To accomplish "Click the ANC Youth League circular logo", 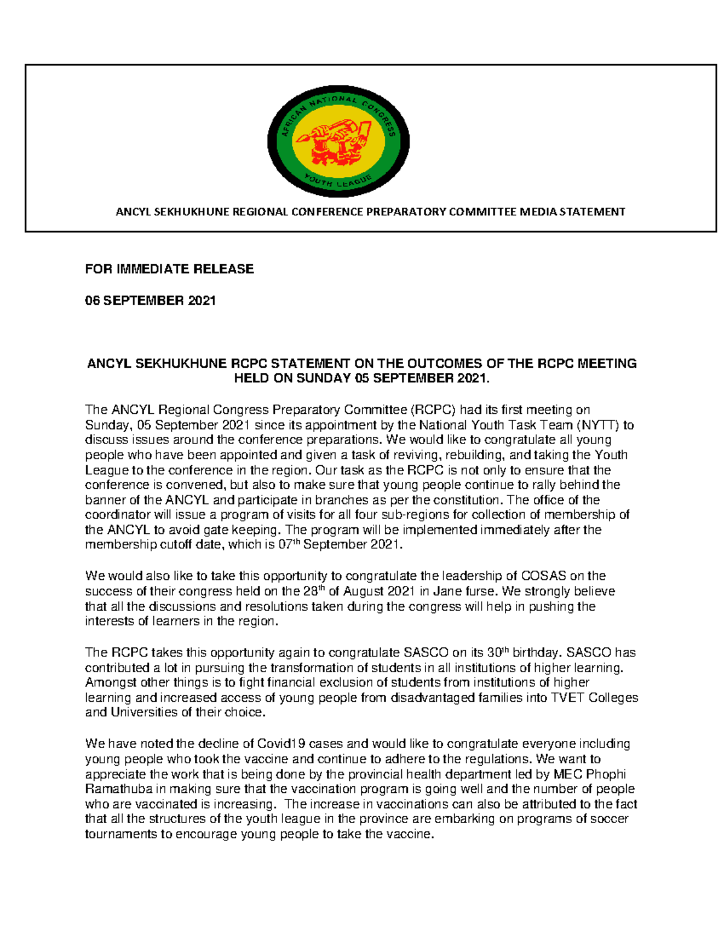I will coord(338,142).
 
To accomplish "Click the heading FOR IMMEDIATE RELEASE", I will coord(169,269).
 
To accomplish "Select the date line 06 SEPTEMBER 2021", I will coord(150,300).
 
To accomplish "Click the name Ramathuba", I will coord(116,789).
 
